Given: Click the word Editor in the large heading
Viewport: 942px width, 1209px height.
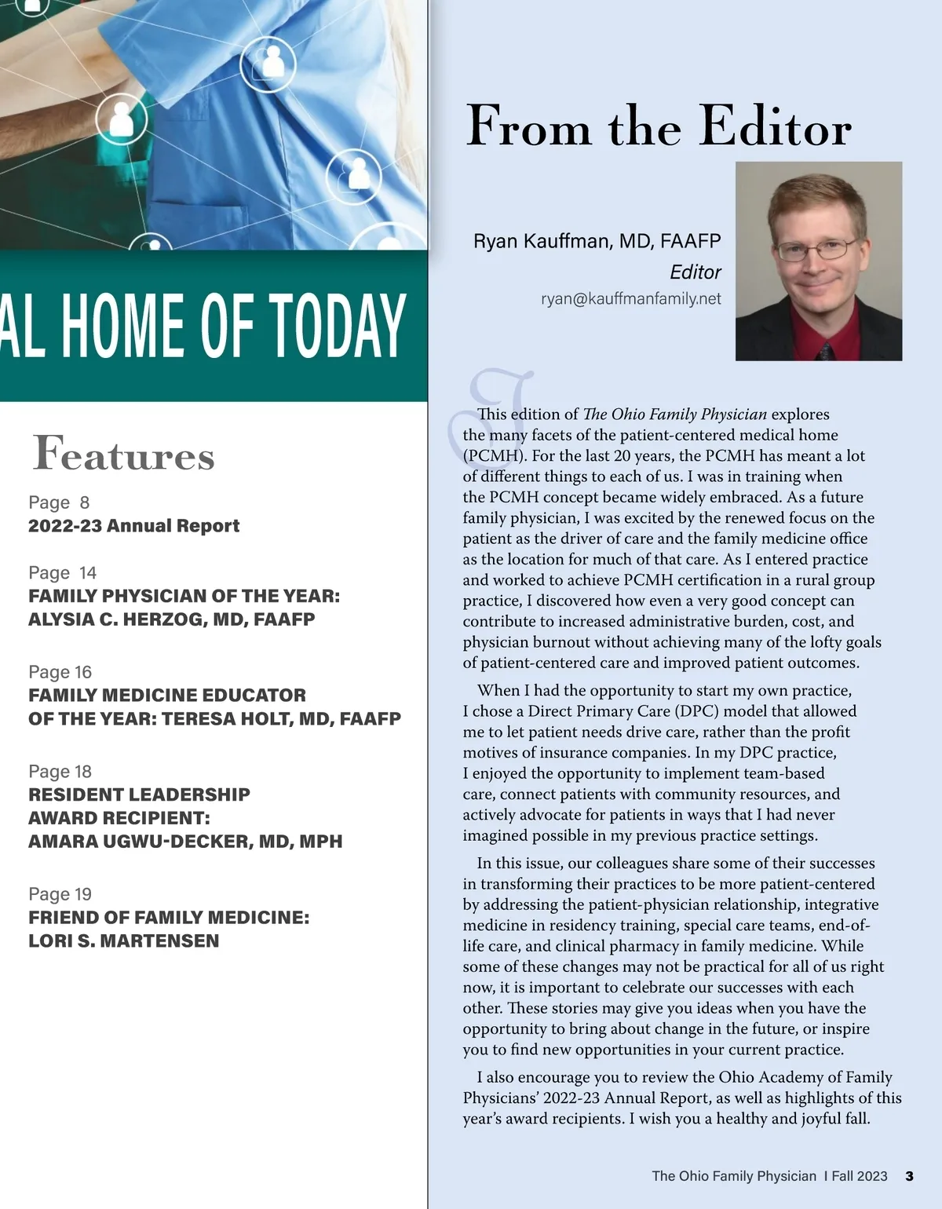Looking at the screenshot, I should [x=775, y=126].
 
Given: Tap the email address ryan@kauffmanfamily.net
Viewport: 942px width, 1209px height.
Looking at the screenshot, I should [x=630, y=299].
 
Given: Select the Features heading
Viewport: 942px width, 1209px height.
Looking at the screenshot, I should [x=123, y=455].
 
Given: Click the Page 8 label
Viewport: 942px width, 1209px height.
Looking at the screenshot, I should [x=59, y=502].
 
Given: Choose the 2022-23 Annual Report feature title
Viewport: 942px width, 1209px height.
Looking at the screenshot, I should [x=134, y=526].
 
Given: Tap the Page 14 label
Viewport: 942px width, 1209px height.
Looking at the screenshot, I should [x=62, y=573].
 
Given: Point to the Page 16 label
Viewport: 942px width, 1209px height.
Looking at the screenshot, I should [x=60, y=672].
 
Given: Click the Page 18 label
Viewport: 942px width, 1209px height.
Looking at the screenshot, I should [x=60, y=772].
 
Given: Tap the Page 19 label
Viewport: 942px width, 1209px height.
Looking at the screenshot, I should [x=60, y=894].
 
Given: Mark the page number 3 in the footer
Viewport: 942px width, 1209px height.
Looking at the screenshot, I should [x=909, y=1176].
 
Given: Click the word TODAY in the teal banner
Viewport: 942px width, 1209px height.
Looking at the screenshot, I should [x=338, y=326].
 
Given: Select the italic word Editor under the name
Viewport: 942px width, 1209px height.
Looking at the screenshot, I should [x=695, y=272].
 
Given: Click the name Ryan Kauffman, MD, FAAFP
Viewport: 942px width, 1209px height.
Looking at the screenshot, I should [x=597, y=241].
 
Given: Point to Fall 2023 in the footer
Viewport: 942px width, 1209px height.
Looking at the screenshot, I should [x=860, y=1176].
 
